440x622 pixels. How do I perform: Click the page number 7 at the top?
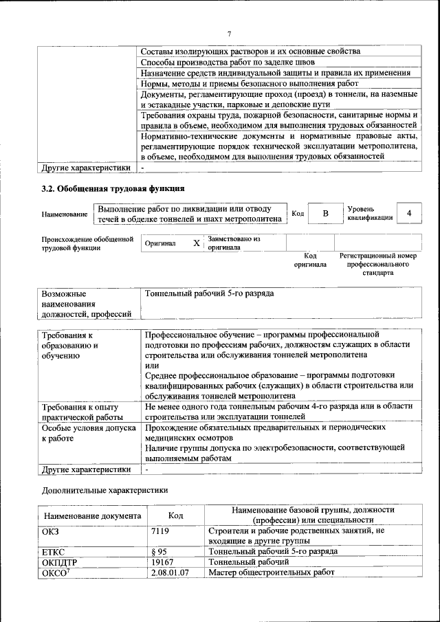[230, 34]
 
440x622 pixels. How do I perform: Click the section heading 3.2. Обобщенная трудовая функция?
[113, 188]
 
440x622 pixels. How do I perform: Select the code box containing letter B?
[325, 214]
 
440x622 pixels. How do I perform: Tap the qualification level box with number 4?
[409, 214]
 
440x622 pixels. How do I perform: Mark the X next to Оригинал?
[196, 243]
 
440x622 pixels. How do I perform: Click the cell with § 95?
[159, 551]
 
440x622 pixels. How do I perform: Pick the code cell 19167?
[162, 562]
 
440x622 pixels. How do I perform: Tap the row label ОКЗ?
[53, 531]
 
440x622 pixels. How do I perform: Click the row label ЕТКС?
[55, 551]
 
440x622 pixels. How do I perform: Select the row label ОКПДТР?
[60, 562]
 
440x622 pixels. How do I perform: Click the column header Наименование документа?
[93, 515]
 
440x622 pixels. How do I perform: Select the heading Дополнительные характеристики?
[104, 491]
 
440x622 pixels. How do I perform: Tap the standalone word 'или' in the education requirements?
[152, 366]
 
